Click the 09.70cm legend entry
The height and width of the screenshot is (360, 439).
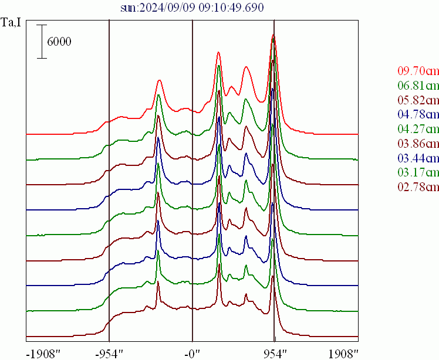[x=418, y=71]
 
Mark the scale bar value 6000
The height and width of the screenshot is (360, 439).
[x=59, y=42]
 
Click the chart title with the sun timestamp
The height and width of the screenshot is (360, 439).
[x=191, y=8]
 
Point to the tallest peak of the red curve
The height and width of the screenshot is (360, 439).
[x=273, y=36]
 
